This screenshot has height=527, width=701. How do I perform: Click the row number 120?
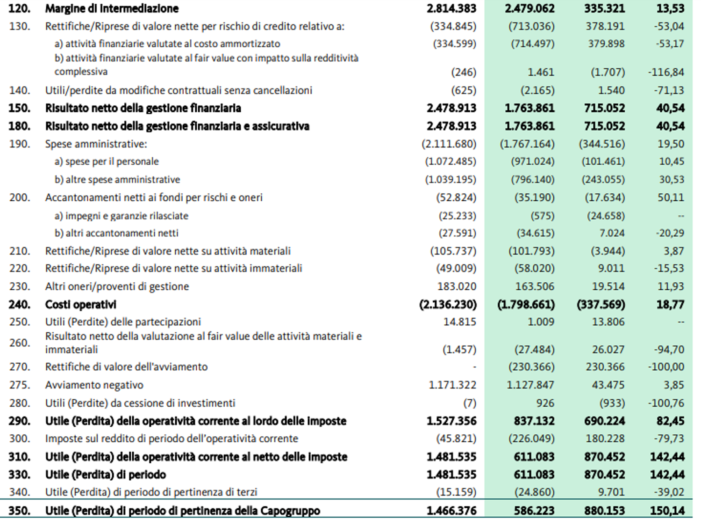[x=19, y=8]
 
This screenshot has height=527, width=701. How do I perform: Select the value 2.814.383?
[x=451, y=8]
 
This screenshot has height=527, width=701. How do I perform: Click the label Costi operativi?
[x=80, y=305]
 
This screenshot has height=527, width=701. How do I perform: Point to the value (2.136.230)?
[x=448, y=305]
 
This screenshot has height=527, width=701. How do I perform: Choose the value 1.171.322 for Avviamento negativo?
[x=452, y=385]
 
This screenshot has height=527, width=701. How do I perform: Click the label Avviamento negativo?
[x=94, y=385]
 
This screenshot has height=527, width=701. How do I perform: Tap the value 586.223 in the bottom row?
[x=534, y=511]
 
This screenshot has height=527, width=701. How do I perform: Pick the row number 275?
[x=19, y=385]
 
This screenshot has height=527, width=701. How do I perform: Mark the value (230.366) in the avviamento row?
[x=531, y=367]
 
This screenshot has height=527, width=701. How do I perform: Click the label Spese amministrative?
[x=96, y=144]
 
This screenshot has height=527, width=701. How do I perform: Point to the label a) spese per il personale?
[x=107, y=162]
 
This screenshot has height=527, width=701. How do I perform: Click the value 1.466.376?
[x=451, y=511]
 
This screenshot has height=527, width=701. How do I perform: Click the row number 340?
[x=19, y=492]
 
